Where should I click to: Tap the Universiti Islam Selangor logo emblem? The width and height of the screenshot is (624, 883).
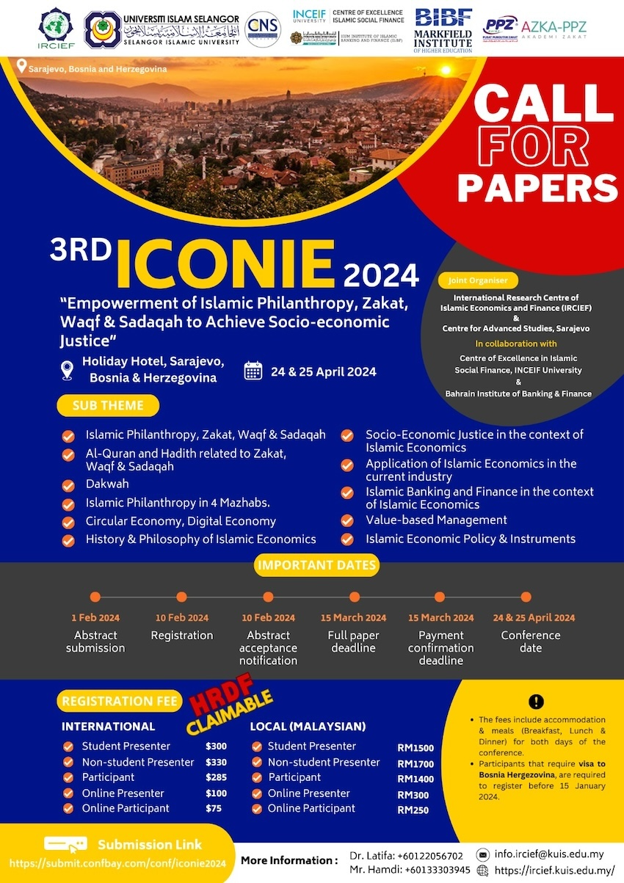click(x=102, y=30)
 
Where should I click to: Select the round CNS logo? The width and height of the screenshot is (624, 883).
click(x=263, y=29)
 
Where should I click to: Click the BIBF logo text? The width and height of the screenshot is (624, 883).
click(x=443, y=20)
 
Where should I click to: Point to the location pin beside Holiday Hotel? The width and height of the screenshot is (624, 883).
click(x=68, y=370)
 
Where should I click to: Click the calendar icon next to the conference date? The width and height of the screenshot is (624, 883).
click(x=253, y=371)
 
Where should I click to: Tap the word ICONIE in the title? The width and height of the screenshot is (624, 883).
click(x=225, y=265)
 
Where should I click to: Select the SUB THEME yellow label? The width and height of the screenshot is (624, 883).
click(x=108, y=405)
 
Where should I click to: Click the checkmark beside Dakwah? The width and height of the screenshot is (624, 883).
click(x=68, y=485)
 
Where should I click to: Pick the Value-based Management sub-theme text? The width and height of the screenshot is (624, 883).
click(x=436, y=520)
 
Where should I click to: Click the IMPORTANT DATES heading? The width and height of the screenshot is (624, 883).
click(x=317, y=565)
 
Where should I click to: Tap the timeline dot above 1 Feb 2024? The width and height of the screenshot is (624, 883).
click(x=95, y=597)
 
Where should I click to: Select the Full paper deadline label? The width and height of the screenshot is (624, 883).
click(x=353, y=642)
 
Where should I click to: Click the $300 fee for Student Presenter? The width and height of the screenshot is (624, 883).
click(x=216, y=746)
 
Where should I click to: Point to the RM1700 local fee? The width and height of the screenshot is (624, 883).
click(x=416, y=763)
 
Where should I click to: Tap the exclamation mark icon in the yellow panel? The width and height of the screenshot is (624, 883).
click(x=536, y=701)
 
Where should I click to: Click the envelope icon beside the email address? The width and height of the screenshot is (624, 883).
click(x=482, y=854)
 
